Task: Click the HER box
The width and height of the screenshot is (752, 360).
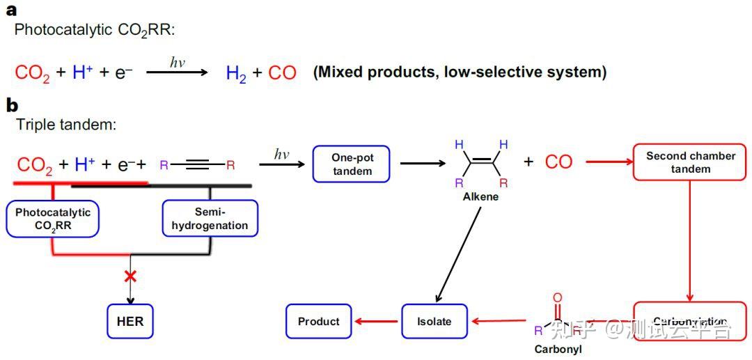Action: [x=130, y=322]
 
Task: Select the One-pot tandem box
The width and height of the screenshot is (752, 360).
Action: [x=352, y=164]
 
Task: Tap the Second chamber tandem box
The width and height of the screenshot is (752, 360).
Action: [x=690, y=162]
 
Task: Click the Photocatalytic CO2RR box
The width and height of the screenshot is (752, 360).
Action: [x=53, y=219]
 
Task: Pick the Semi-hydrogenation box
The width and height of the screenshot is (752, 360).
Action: [x=210, y=219]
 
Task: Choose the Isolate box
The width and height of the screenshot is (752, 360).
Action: [x=434, y=322]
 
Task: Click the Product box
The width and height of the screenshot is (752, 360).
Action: [x=318, y=322]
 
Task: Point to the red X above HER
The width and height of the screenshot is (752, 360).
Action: [x=130, y=276]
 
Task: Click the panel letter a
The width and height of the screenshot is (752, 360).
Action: [x=12, y=10]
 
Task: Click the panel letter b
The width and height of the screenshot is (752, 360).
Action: [x=12, y=106]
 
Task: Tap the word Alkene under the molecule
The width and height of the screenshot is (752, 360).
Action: [x=480, y=197]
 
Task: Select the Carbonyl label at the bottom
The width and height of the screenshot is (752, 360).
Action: [x=557, y=349]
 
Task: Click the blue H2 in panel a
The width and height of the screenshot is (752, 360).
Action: [x=236, y=72]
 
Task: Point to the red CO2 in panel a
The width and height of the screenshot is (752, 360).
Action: [x=32, y=72]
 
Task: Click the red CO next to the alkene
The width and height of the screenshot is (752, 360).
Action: [x=558, y=162]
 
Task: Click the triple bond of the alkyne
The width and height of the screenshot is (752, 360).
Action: [x=198, y=165]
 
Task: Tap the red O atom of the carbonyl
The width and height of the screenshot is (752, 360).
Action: [x=557, y=297]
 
